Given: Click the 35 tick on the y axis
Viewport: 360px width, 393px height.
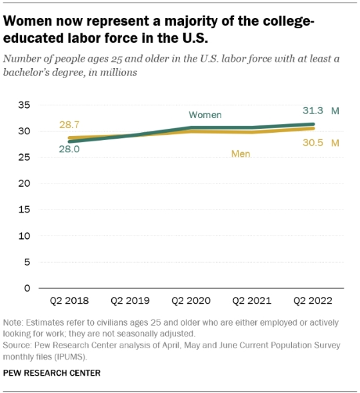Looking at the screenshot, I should point(24,105).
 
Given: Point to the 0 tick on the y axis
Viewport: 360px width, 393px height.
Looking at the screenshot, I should point(27,288).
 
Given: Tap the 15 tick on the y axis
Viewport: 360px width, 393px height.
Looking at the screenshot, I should point(24,210).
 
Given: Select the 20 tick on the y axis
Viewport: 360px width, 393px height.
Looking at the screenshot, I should point(24,183).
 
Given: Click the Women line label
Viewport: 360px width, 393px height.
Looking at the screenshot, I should point(205,115).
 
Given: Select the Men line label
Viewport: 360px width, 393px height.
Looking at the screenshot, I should point(241,153).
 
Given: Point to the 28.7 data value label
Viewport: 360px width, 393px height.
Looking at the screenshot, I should point(69,125).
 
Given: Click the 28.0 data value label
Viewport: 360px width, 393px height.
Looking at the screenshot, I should point(69,150).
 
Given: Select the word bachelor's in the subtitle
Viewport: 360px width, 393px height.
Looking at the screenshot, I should point(31,72).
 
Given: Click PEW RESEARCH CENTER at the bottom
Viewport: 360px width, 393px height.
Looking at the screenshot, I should point(52,374).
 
